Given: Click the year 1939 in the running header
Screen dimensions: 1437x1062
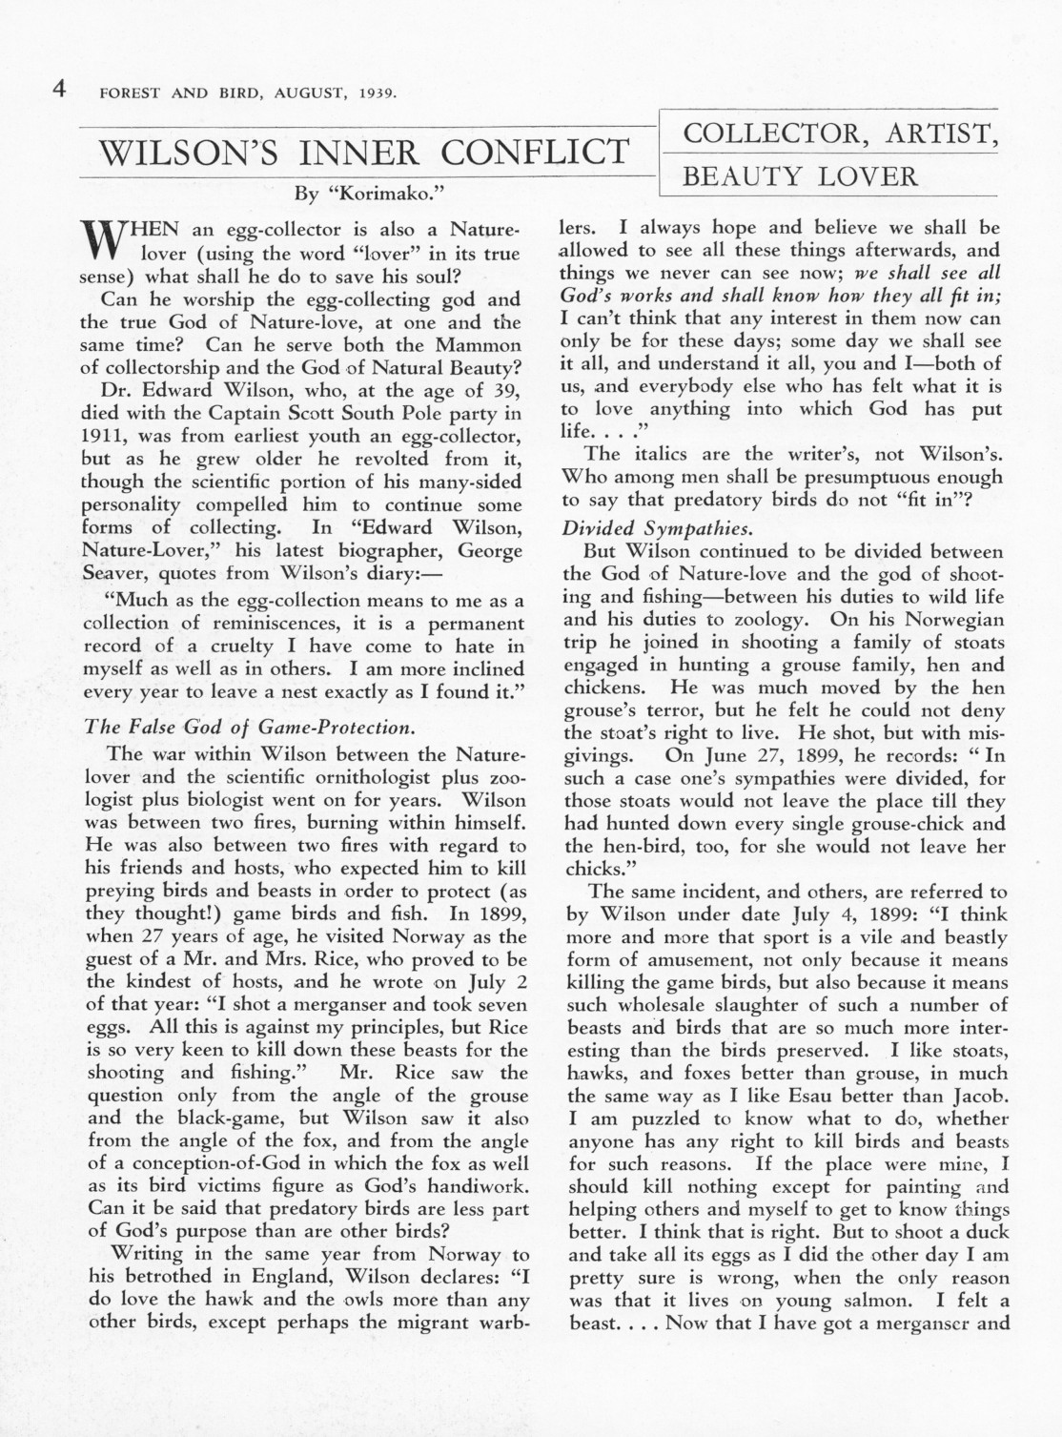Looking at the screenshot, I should pos(378,93).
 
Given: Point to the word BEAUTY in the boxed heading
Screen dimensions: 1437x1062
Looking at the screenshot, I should pos(741,176).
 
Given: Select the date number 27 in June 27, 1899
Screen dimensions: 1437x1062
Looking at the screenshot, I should pos(736,756).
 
